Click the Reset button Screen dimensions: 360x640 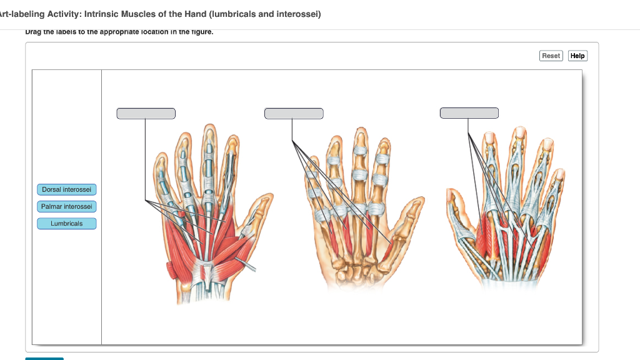click(551, 56)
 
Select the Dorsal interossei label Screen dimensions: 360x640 click(67, 189)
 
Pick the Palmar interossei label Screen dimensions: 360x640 click(67, 206)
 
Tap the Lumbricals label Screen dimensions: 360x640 click(67, 224)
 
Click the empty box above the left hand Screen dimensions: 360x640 click(146, 113)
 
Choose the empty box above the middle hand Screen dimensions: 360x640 click(294, 113)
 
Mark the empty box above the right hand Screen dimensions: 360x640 click(469, 112)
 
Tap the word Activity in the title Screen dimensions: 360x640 click(59, 14)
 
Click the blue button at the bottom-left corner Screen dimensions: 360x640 click(44, 358)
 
